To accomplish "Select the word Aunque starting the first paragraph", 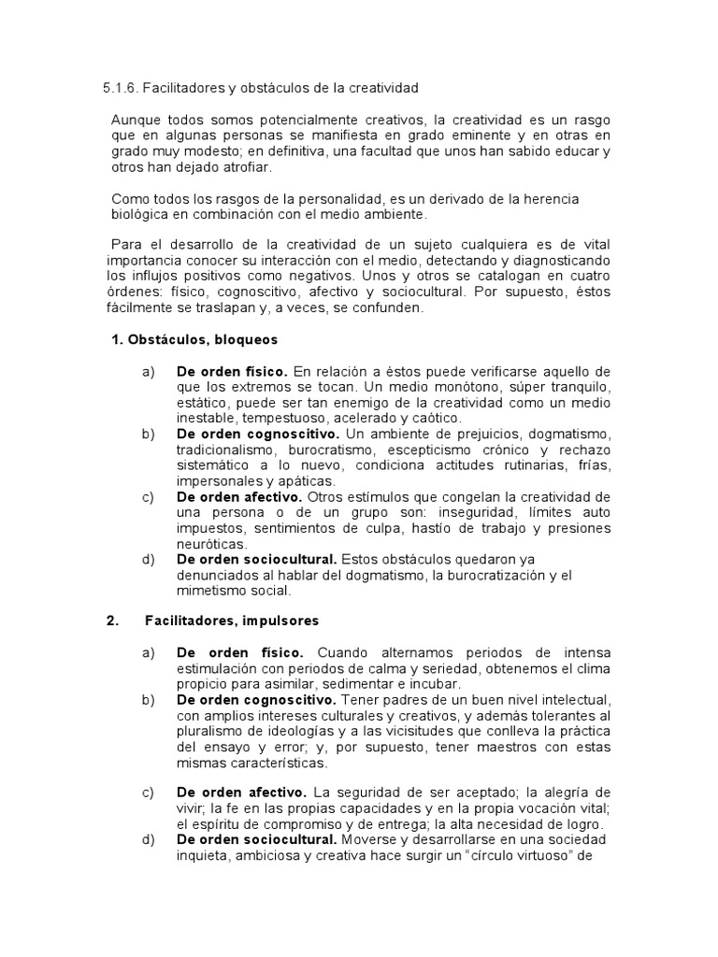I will (x=137, y=121).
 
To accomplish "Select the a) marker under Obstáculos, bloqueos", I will (x=148, y=372).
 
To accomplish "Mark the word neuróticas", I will (x=211, y=543).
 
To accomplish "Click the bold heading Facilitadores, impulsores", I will (x=232, y=621).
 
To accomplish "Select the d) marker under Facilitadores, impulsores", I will (x=148, y=840).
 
